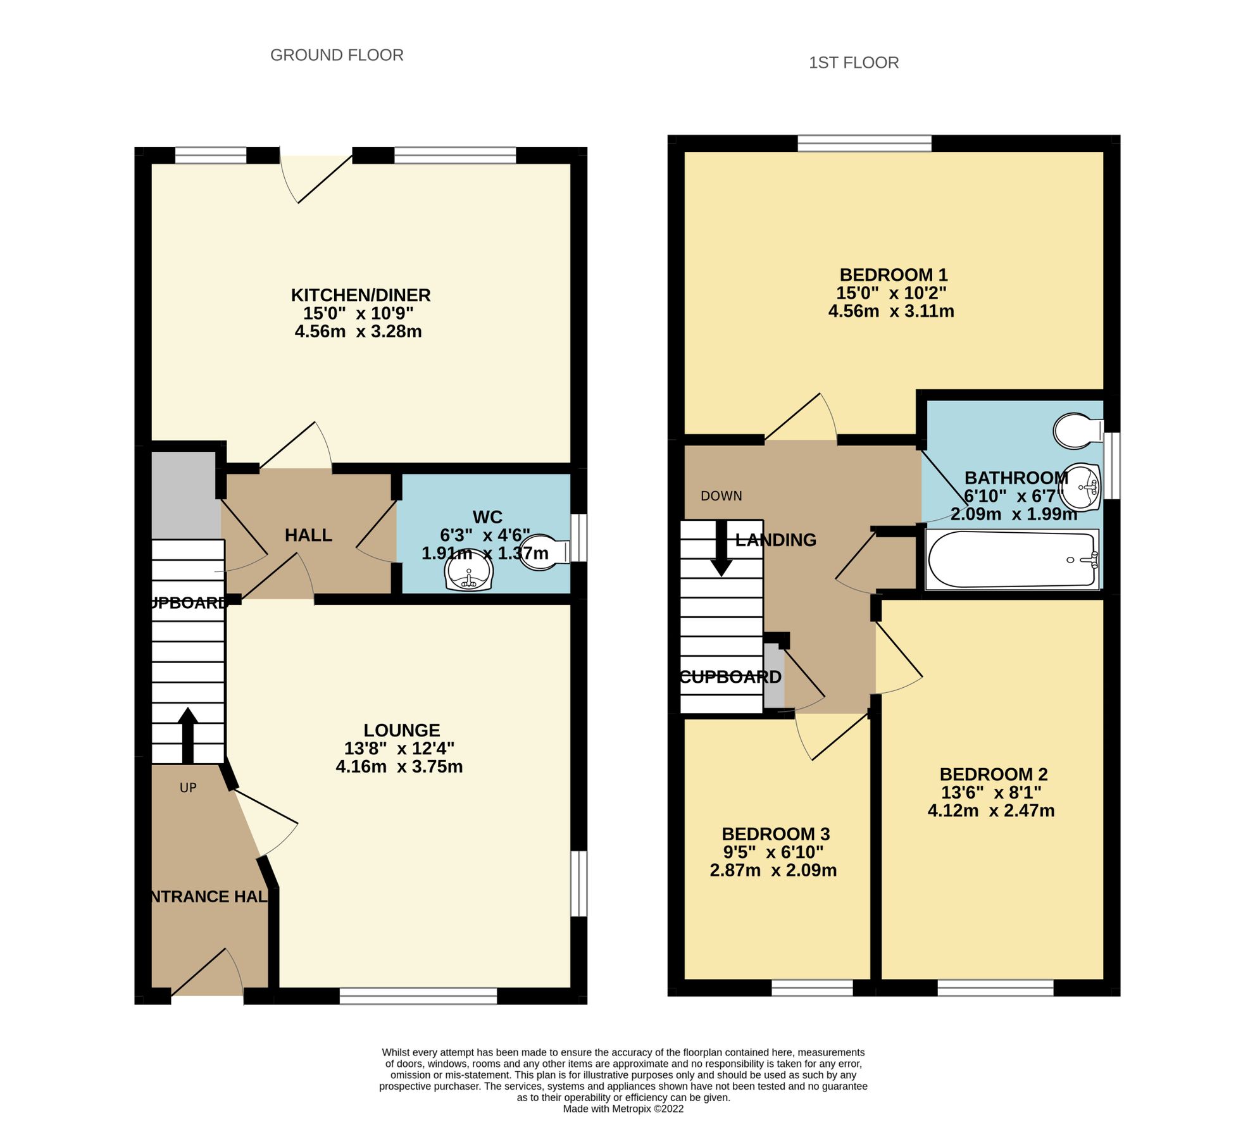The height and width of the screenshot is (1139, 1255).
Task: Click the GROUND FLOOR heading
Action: tap(337, 56)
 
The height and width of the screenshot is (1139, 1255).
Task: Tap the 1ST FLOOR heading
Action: tap(853, 63)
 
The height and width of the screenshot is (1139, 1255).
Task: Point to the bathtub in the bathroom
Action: tap(1011, 560)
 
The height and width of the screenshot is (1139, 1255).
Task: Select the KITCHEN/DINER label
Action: tap(361, 296)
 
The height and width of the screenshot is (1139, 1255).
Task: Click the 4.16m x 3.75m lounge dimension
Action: tap(399, 767)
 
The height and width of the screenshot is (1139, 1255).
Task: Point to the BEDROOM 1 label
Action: tap(893, 275)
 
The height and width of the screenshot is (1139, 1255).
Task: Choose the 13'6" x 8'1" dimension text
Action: tap(990, 792)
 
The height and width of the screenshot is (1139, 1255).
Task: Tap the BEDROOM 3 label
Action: tap(775, 834)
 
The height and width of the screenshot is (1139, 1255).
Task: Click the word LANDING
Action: tap(775, 540)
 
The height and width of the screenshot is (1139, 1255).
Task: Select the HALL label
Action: tap(308, 535)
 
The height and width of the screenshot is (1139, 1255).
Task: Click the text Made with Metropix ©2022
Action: tap(623, 1109)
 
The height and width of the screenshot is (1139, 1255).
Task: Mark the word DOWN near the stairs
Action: tap(721, 496)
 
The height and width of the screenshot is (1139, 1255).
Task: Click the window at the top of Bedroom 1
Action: tap(864, 144)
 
